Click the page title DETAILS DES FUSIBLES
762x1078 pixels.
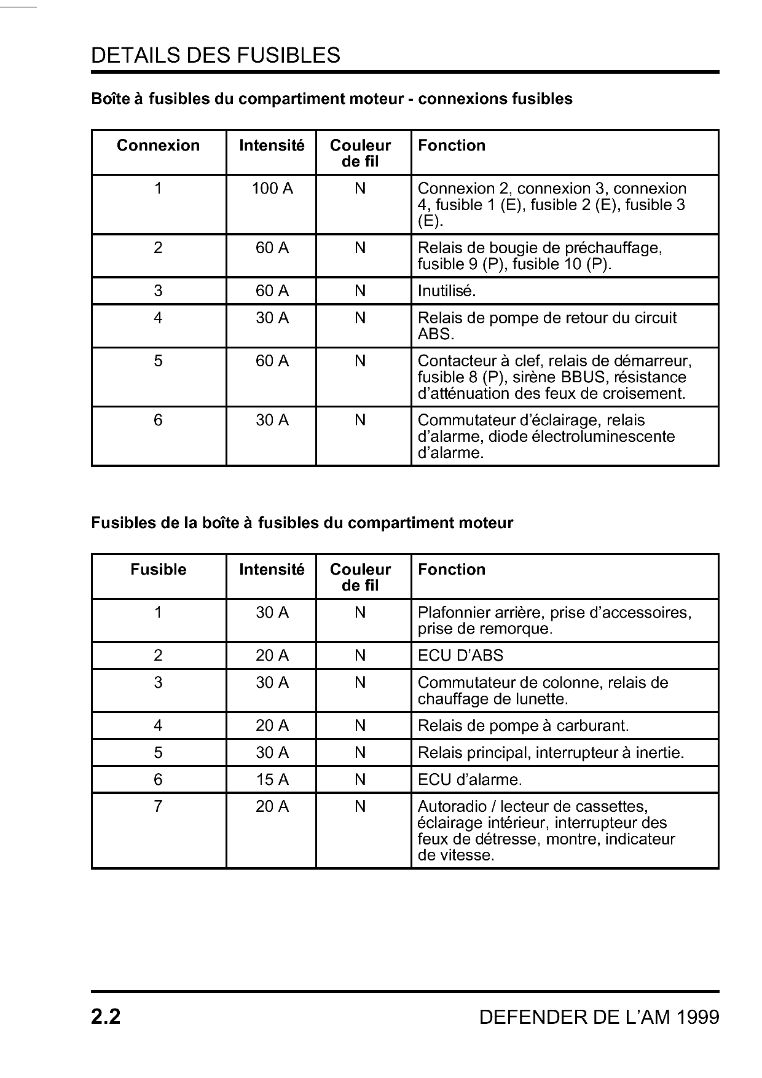tap(215, 56)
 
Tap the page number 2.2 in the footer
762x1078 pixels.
tap(106, 1017)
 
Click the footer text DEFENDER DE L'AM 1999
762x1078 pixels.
tap(599, 1018)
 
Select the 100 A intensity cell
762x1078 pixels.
tap(272, 189)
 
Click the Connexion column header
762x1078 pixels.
tap(159, 146)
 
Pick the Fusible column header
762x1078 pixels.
tap(159, 570)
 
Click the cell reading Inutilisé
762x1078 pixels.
tap(447, 291)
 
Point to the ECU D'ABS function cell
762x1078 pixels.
tap(460, 656)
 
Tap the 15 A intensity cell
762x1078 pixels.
tap(272, 780)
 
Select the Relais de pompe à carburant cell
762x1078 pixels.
tap(523, 726)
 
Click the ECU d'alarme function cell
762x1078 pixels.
tap(469, 780)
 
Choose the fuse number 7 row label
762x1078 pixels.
tap(159, 806)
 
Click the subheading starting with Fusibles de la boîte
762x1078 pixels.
tap(302, 523)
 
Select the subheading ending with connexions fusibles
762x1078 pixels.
tap(332, 99)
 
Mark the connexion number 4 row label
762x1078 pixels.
tap(159, 318)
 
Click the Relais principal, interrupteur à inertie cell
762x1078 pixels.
tap(551, 753)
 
